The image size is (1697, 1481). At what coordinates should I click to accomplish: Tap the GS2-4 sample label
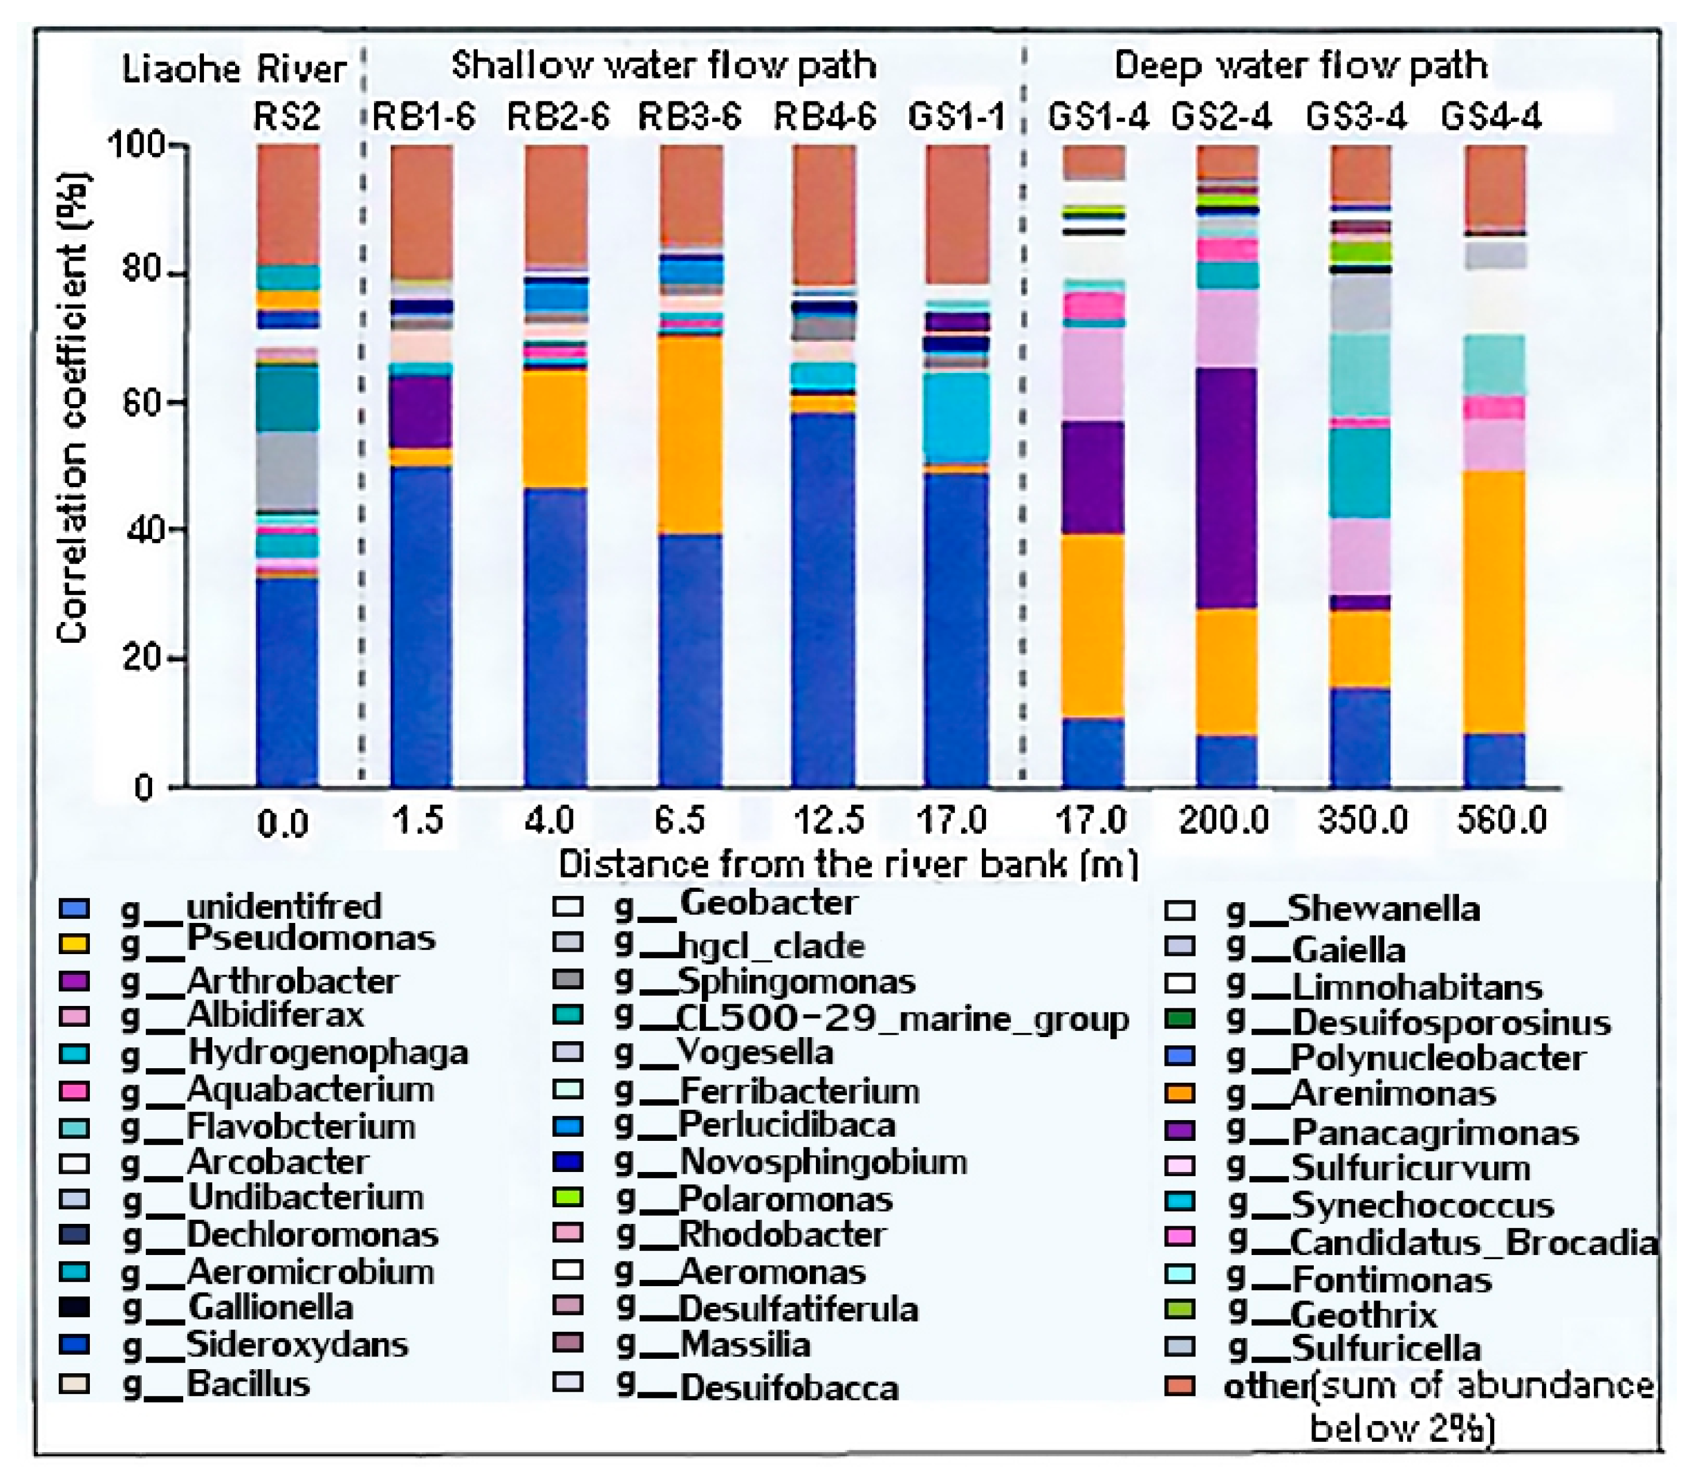(1222, 116)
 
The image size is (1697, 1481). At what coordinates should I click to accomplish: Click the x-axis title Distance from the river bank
(848, 865)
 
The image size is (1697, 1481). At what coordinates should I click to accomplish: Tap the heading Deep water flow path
(1301, 65)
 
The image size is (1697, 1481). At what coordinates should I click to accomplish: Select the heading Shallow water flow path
(663, 65)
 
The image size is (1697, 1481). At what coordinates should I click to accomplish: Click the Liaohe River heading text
(234, 69)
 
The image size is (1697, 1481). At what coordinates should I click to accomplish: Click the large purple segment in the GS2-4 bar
(1227, 488)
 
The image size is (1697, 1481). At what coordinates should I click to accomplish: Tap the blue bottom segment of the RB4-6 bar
(823, 599)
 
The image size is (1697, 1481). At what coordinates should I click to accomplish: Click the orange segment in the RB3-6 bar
(691, 434)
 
